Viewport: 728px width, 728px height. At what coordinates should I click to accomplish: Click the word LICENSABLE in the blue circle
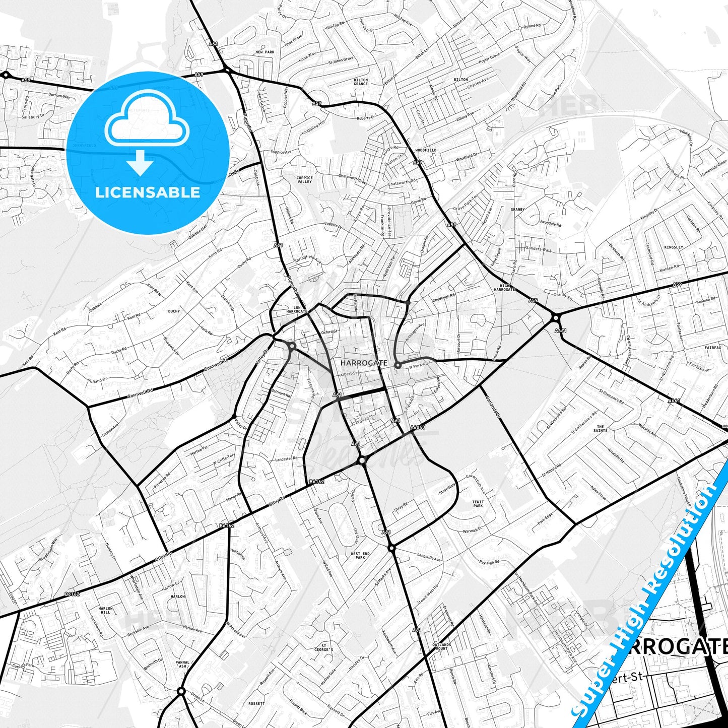point(147,192)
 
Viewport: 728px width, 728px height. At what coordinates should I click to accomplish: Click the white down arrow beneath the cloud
point(140,162)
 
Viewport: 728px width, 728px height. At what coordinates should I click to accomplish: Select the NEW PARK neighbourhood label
point(264,52)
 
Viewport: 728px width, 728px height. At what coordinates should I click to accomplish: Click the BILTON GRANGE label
point(361,82)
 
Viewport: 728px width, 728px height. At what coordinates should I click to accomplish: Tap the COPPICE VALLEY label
point(304,179)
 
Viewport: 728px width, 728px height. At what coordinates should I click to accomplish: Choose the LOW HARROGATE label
point(297,309)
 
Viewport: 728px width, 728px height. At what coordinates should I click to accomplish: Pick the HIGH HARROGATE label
point(504,287)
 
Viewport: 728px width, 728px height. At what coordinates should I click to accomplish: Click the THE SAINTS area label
point(600,429)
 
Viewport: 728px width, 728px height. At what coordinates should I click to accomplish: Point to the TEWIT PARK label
point(478,504)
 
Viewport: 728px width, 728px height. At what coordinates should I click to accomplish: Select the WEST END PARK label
point(360,555)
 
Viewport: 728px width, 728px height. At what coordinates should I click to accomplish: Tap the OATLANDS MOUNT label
point(441,646)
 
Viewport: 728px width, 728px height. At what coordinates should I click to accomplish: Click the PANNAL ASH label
point(182,665)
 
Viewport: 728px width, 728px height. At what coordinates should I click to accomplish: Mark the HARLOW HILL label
point(105,610)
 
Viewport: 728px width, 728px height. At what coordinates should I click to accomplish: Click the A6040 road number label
point(418,428)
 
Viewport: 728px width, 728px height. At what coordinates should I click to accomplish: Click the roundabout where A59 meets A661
point(556,317)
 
